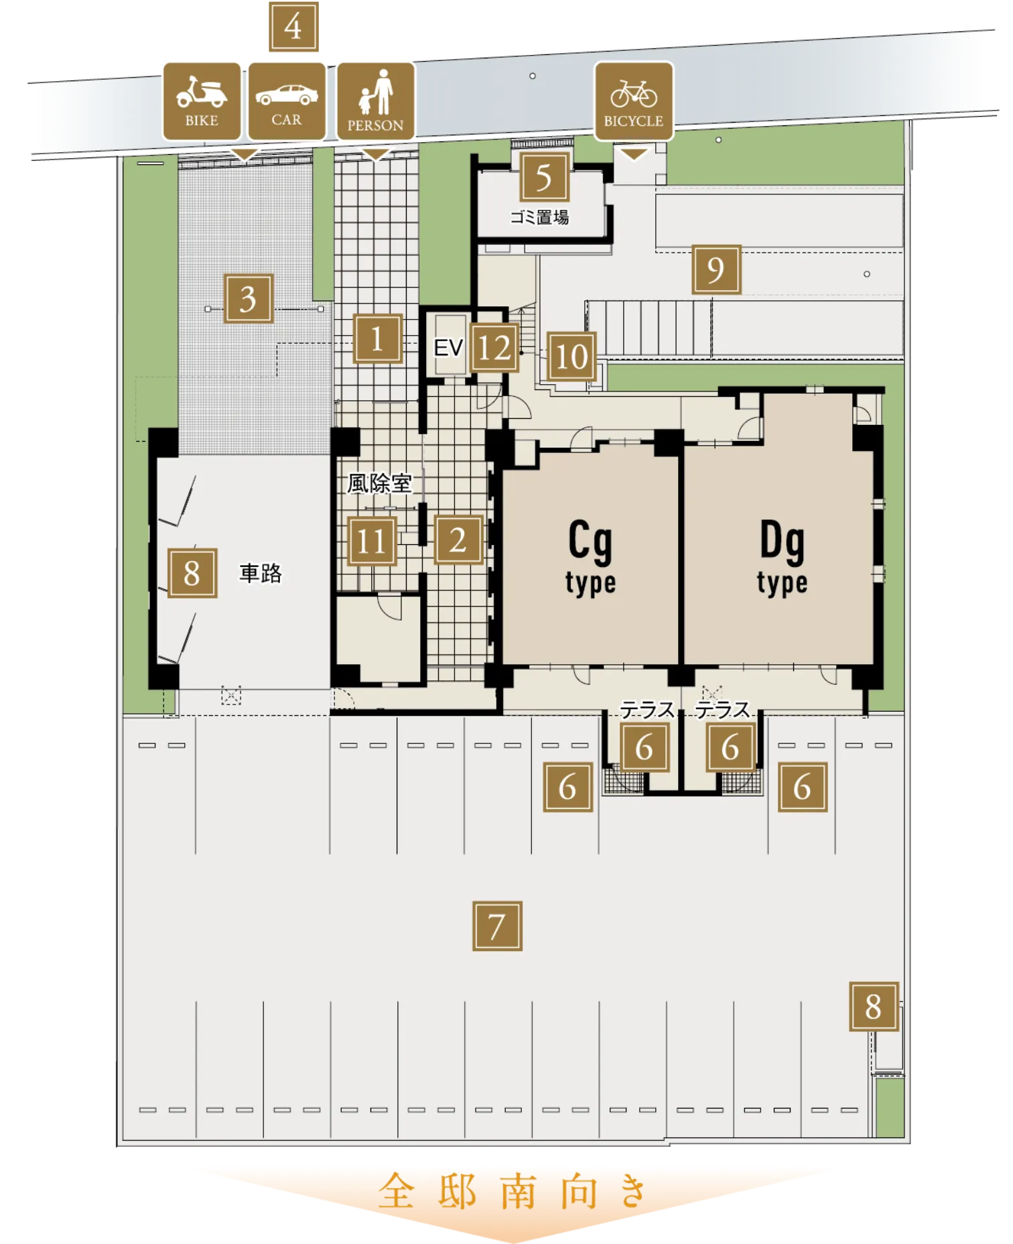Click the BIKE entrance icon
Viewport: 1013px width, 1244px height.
click(202, 101)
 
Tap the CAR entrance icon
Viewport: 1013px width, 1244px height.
click(287, 101)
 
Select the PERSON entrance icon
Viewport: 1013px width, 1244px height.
click(376, 101)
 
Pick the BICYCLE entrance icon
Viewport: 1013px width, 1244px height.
click(634, 101)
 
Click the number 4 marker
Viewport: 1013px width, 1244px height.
click(293, 27)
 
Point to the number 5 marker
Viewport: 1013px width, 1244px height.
click(544, 178)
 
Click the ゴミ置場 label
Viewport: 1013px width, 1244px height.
click(539, 217)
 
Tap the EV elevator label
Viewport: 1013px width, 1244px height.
click(448, 348)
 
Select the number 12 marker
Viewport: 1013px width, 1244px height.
click(494, 348)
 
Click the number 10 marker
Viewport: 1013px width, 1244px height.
click(571, 357)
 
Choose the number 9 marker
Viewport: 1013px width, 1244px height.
click(716, 269)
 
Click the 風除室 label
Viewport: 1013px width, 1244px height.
click(379, 483)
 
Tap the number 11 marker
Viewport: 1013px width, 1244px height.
click(372, 542)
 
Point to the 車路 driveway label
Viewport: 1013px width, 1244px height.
click(261, 573)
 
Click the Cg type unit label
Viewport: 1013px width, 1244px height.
click(590, 558)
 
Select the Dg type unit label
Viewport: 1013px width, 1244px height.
click(783, 558)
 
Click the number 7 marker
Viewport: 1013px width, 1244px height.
click(497, 926)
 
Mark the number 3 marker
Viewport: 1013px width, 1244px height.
click(249, 298)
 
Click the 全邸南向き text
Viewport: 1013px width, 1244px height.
click(513, 1191)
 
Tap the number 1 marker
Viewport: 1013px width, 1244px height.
click(378, 338)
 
